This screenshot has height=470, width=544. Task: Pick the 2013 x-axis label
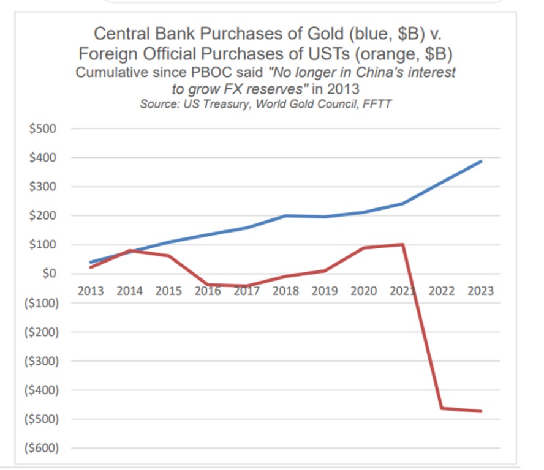(x=90, y=291)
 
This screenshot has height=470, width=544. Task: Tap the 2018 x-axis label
(x=285, y=291)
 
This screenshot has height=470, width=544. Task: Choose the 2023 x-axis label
(x=480, y=291)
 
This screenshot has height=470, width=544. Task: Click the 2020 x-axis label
(x=363, y=291)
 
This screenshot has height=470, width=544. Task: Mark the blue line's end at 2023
(x=481, y=162)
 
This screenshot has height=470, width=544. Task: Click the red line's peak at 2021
(x=402, y=245)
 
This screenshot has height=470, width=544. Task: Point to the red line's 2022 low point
(x=442, y=408)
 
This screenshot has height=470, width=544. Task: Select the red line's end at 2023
(x=481, y=411)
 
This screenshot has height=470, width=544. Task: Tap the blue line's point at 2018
(x=285, y=215)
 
